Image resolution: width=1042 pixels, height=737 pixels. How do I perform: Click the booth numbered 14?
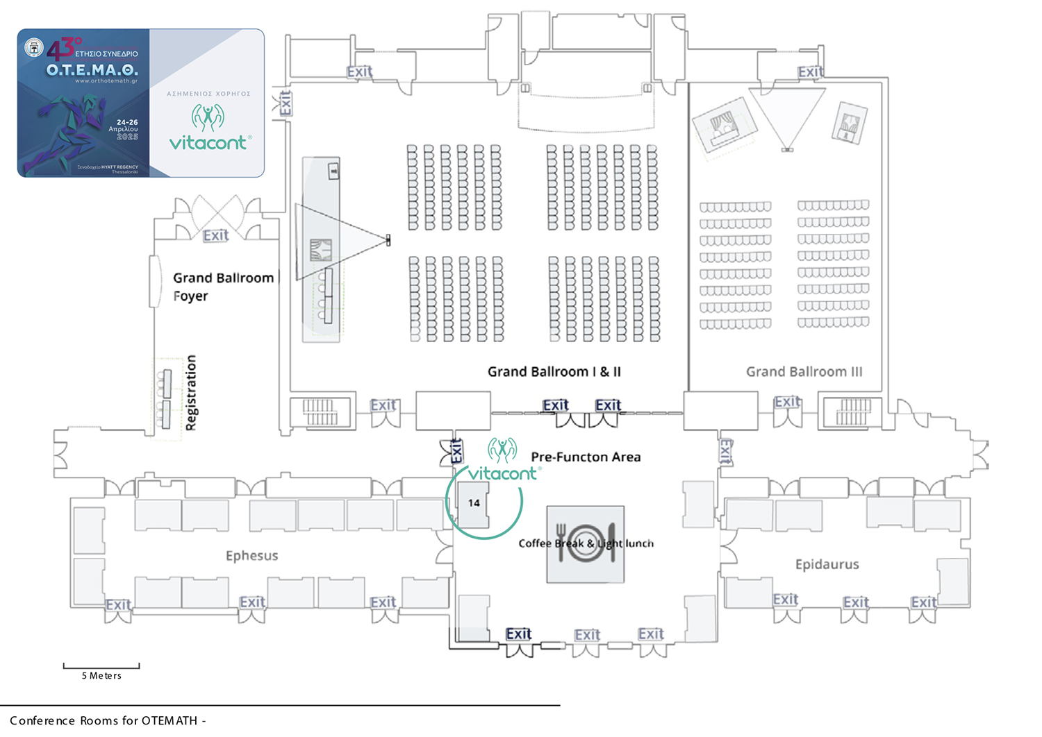pyautogui.click(x=474, y=503)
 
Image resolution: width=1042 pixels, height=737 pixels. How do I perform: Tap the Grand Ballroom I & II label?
pyautogui.click(x=554, y=372)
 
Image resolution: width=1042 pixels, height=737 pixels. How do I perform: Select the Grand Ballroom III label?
pyautogui.click(x=804, y=372)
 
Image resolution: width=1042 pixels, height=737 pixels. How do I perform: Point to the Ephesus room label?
pyautogui.click(x=251, y=556)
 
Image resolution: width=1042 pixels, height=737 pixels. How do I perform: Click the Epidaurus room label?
pyautogui.click(x=827, y=564)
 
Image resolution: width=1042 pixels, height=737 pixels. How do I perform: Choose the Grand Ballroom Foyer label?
pyautogui.click(x=222, y=287)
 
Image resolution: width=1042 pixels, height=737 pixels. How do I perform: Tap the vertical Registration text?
pyautogui.click(x=191, y=393)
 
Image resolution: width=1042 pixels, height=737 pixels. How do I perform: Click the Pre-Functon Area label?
pyautogui.click(x=586, y=457)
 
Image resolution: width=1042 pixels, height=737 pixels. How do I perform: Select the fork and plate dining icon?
pyautogui.click(x=586, y=543)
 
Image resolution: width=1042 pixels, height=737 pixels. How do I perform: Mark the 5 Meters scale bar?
pyautogui.click(x=101, y=667)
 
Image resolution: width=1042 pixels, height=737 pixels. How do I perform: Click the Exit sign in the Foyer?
pyautogui.click(x=215, y=236)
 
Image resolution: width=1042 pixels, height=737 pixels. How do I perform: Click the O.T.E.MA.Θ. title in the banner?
pyautogui.click(x=92, y=70)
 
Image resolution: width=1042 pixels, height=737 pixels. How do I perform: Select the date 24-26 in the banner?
pyautogui.click(x=127, y=122)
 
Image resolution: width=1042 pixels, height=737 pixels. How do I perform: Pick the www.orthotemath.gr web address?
pyautogui.click(x=106, y=81)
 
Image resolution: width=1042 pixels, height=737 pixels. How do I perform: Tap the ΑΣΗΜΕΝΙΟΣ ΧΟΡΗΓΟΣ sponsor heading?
pyautogui.click(x=208, y=94)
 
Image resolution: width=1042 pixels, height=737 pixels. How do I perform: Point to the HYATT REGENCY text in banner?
pyautogui.click(x=119, y=167)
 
